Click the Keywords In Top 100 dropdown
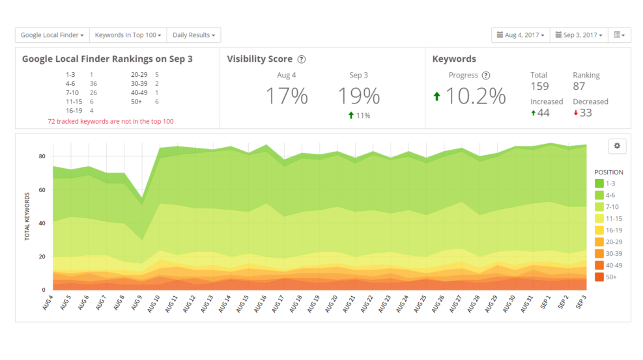click(x=128, y=35)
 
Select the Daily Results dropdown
click(x=193, y=35)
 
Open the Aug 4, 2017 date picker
click(x=521, y=35)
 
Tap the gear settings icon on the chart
click(x=617, y=146)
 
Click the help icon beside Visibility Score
click(x=302, y=59)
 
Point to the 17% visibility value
click(x=287, y=96)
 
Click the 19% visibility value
click(x=358, y=96)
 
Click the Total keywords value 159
click(x=539, y=87)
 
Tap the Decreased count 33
click(x=586, y=113)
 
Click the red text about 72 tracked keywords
click(x=111, y=121)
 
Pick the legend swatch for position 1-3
click(x=599, y=184)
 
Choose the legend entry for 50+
click(x=608, y=277)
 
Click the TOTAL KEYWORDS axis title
click(x=27, y=216)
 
